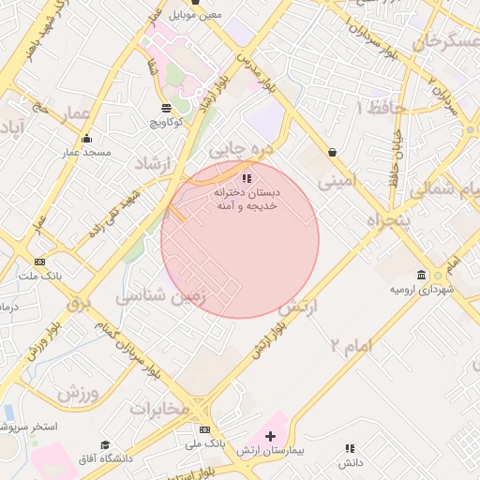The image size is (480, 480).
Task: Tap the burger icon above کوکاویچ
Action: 167,107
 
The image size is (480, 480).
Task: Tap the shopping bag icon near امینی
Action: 332,152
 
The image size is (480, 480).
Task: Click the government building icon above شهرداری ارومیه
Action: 421,275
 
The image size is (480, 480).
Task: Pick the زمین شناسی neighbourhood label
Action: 154,297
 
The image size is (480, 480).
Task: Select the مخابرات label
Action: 165,409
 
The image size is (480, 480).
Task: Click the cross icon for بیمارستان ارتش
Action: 270,436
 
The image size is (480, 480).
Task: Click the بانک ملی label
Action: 205,442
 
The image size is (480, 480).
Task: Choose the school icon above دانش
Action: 350,449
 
